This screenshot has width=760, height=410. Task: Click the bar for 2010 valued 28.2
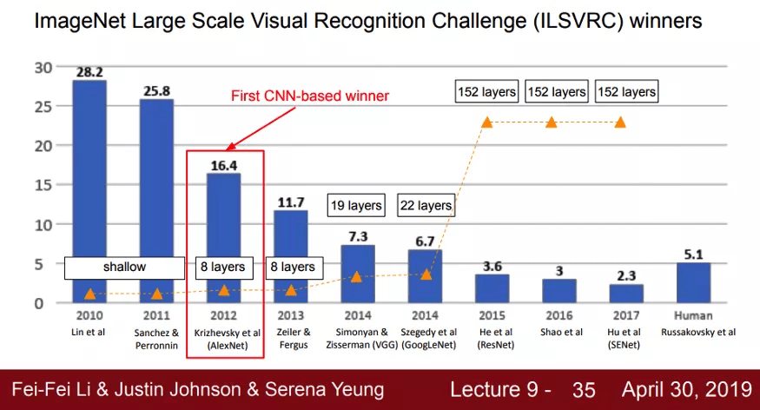click(89, 191)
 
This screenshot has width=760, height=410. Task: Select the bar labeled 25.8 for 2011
click(156, 201)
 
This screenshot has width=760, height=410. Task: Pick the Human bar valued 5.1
click(693, 282)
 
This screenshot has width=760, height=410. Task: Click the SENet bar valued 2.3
click(625, 294)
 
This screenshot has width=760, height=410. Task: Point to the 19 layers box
click(355, 206)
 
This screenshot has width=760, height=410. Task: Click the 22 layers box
click(426, 206)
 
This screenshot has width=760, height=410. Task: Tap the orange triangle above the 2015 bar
click(487, 122)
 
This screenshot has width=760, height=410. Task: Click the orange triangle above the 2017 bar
click(620, 122)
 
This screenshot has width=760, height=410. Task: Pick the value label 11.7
click(291, 202)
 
